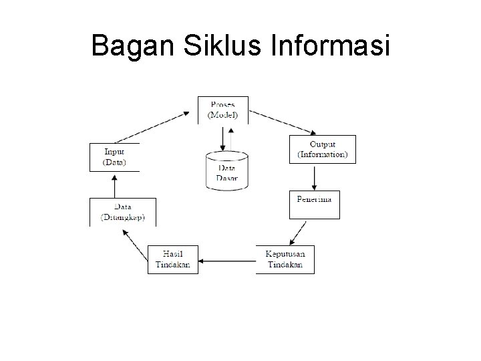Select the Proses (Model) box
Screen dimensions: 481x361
(x=223, y=110)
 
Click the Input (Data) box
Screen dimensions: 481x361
(x=114, y=157)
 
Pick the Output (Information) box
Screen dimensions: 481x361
(x=322, y=150)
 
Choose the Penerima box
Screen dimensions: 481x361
(x=315, y=205)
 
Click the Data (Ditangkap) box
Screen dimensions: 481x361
(x=122, y=212)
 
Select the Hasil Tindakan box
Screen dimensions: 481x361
(x=173, y=259)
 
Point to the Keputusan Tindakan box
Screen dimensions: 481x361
(x=284, y=259)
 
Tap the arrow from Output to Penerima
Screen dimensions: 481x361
(x=314, y=177)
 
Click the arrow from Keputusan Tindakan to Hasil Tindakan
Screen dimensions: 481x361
(x=227, y=259)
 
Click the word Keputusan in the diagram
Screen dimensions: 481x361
(x=284, y=254)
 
